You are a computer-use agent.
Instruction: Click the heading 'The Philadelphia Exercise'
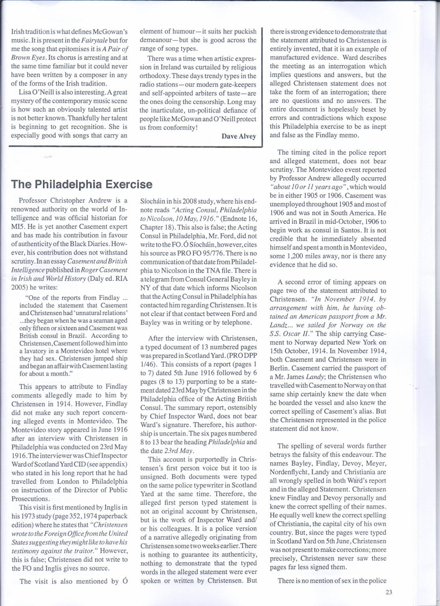(x=82, y=184)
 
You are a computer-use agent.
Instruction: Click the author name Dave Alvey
(x=239, y=136)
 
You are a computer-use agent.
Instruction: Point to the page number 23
(x=389, y=591)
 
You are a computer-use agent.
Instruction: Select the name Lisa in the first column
(x=26, y=92)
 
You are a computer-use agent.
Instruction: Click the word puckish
(x=243, y=31)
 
